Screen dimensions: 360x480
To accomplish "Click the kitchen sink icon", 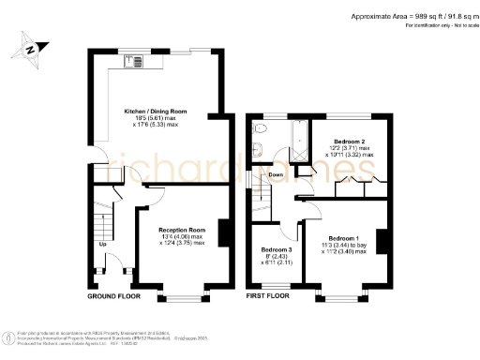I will coord(130,64).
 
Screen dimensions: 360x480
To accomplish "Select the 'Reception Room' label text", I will coord(181,230).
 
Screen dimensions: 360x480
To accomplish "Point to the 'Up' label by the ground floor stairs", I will coord(102,247).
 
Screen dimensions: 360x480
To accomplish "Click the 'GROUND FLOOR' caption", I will coord(113,296).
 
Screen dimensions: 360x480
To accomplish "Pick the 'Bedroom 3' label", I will coord(277,250).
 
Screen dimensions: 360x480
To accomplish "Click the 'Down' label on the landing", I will coord(277,175).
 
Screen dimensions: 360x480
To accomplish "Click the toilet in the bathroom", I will coord(260,131).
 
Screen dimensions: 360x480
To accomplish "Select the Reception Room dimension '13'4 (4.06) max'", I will coord(181,236).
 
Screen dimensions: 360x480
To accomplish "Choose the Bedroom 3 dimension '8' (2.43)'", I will coord(276,257).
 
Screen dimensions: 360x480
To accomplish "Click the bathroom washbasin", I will coord(258,149).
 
